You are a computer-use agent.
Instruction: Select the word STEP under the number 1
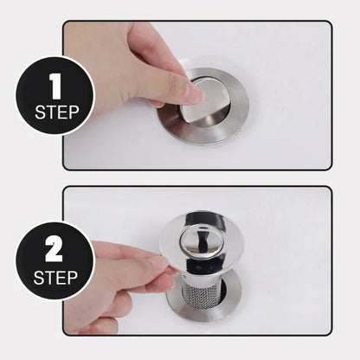(55, 112)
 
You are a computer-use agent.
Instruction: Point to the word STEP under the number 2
(55, 278)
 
